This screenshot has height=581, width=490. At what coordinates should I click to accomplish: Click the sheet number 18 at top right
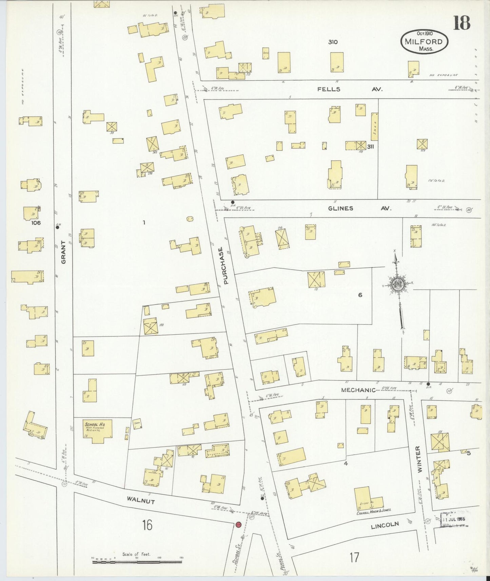[462, 23]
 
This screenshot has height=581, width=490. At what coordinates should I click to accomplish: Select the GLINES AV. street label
[359, 208]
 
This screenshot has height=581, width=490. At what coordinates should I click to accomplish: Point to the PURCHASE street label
[223, 265]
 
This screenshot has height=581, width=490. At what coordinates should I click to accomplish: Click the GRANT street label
[63, 252]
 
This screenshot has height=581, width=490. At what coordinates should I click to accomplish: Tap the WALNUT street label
[141, 500]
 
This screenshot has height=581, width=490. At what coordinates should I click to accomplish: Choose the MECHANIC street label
[358, 390]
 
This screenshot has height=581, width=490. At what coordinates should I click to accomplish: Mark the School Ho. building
[98, 431]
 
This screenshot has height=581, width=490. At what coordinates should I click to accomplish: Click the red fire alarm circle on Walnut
[238, 525]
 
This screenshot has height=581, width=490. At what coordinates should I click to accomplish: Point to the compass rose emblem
[396, 284]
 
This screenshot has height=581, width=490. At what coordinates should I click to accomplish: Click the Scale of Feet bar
[137, 562]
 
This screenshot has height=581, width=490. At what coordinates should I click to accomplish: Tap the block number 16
[147, 525]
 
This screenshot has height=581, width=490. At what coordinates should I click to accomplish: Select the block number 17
[354, 557]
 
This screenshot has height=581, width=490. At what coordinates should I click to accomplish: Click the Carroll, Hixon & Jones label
[374, 509]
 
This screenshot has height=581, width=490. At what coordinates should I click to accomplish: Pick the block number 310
[333, 42]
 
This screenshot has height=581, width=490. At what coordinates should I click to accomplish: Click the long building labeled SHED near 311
[374, 126]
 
